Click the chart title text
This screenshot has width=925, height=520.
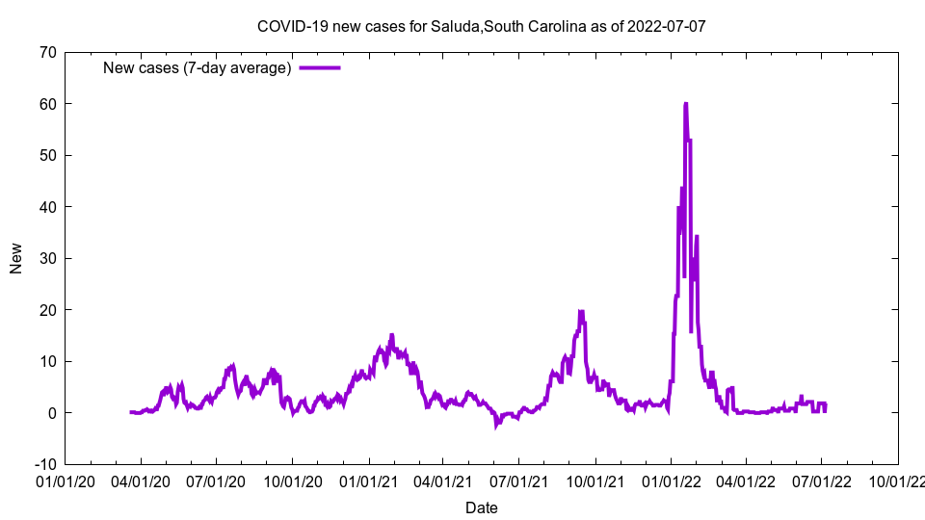click(482, 26)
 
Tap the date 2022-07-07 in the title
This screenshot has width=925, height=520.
click(666, 26)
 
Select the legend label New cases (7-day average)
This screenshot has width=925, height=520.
click(198, 67)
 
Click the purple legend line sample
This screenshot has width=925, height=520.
click(320, 67)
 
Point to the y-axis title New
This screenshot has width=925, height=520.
click(16, 258)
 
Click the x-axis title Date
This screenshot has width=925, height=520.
click(482, 507)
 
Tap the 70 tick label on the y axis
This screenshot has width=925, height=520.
click(46, 52)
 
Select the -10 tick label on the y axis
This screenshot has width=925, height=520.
click(43, 464)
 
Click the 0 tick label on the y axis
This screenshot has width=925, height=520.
click(51, 412)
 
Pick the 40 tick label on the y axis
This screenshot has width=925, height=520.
click(46, 206)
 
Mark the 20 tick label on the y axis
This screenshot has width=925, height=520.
click(46, 309)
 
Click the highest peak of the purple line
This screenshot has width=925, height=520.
click(685, 103)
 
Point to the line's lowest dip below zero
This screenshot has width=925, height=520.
click(496, 425)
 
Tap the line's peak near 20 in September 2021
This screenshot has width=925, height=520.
click(581, 311)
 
